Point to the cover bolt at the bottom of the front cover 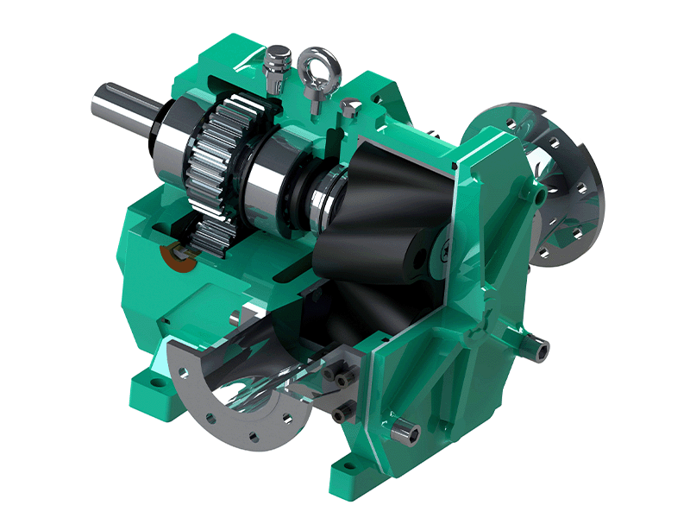click(x=406, y=427)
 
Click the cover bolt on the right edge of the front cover click(x=538, y=347)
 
